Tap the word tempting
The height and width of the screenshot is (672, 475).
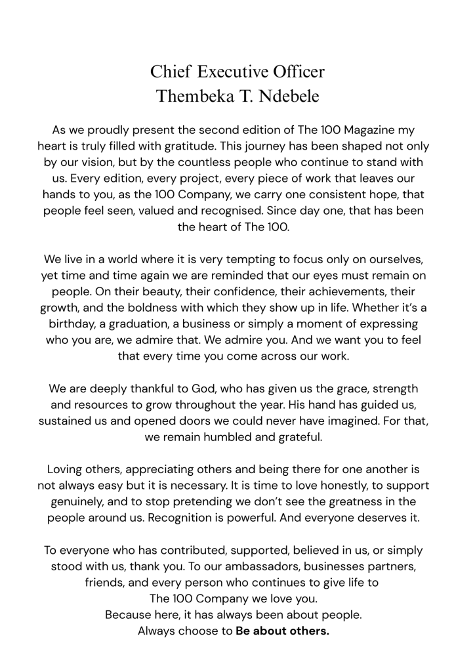click(x=248, y=259)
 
